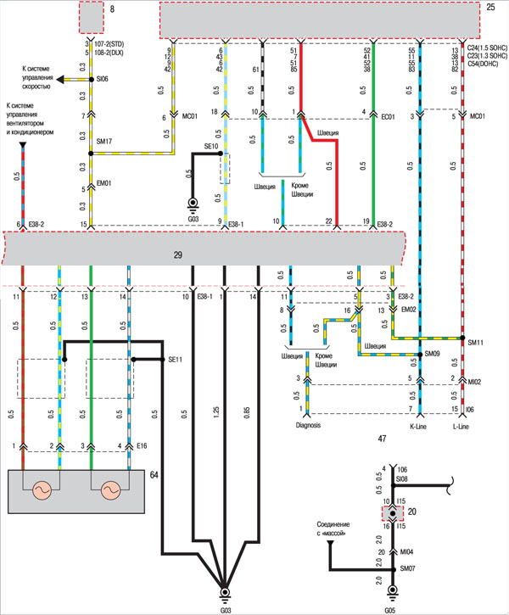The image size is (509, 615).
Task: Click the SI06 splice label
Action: (103, 79)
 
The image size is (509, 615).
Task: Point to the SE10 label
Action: (210, 147)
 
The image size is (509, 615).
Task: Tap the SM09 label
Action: (433, 354)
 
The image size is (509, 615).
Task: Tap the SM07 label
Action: (408, 567)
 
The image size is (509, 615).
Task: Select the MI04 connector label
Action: (406, 551)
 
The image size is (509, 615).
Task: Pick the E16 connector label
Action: (141, 444)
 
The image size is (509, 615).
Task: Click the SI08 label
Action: (402, 478)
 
